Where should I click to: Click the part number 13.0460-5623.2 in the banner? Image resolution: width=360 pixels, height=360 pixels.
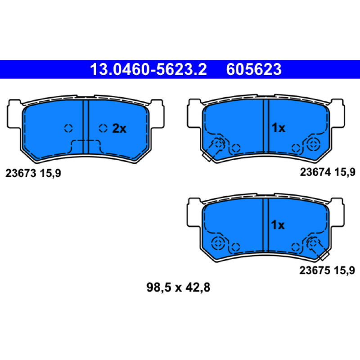tap(148, 69)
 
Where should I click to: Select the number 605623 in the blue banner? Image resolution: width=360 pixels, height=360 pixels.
tap(254, 69)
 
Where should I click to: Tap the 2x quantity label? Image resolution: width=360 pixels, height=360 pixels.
tap(119, 129)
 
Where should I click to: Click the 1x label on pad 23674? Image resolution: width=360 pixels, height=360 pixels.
tap(278, 128)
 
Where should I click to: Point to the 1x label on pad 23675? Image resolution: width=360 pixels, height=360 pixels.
tap(278, 225)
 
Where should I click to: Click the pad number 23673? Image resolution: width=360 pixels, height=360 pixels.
tap(21, 173)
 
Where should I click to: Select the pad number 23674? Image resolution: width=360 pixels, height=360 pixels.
tap(315, 172)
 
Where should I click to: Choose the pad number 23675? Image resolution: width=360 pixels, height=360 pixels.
tap(315, 270)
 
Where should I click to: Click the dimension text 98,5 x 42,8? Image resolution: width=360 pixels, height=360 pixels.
tap(178, 287)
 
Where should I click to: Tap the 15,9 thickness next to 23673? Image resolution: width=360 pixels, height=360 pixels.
tap(50, 173)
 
